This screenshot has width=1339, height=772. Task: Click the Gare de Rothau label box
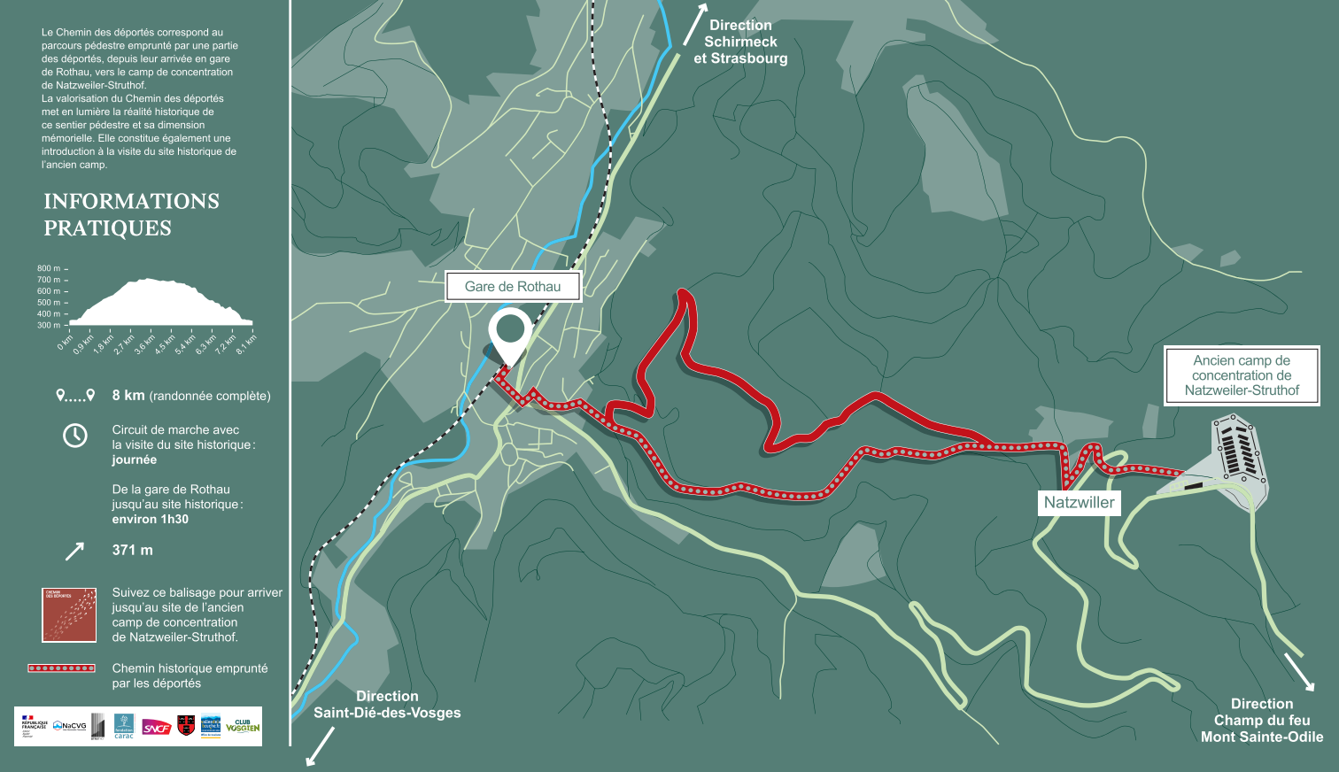513,287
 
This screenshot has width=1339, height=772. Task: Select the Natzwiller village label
1079,503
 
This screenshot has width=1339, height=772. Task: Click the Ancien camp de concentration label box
1241,375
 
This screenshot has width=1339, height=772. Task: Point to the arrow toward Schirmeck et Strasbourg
695,24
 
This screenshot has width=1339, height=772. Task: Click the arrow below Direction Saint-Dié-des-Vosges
320,746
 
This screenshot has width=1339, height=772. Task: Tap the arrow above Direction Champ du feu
1299,671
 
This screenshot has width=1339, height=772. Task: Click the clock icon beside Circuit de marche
75,435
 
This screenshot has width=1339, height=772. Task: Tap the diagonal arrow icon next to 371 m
74,552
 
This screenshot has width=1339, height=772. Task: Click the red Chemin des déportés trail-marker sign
69,614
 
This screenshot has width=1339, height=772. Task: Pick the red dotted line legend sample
61,668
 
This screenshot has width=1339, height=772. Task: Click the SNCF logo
157,728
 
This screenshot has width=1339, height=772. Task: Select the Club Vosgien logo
243,726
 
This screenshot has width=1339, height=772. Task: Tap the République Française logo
33,726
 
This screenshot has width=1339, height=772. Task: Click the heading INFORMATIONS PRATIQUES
131,214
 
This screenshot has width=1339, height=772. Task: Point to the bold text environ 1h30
150,520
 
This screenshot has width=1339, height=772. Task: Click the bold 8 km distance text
128,396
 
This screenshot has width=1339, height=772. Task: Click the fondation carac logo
124,726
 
